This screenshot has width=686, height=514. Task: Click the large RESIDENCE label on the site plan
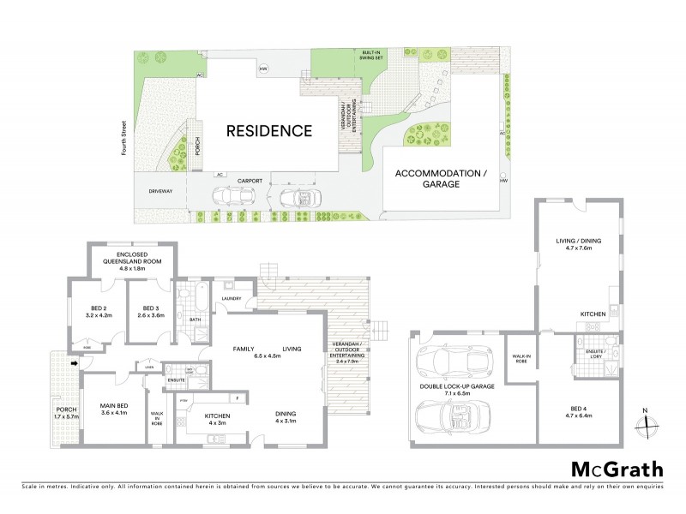click(x=268, y=131)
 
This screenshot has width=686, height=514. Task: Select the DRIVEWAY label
click(x=160, y=192)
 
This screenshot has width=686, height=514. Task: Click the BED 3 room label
click(x=151, y=312)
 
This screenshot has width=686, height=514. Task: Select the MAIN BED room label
click(x=113, y=409)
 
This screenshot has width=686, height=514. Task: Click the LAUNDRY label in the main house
click(x=230, y=298)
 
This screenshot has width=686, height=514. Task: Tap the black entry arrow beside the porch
click(x=75, y=364)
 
